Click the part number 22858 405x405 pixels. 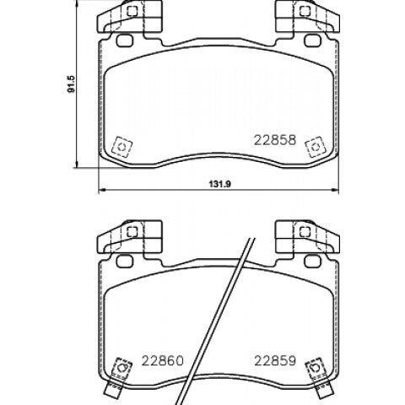(275, 140)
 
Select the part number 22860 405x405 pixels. (162, 360)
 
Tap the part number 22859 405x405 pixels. (275, 360)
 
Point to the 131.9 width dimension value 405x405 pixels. (219, 184)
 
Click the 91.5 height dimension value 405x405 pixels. (71, 84)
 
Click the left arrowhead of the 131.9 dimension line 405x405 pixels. (101, 191)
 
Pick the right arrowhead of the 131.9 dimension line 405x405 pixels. (335, 191)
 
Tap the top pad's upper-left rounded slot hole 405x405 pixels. (124, 40)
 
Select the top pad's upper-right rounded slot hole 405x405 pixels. (312, 40)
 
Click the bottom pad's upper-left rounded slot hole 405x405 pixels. (124, 261)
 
